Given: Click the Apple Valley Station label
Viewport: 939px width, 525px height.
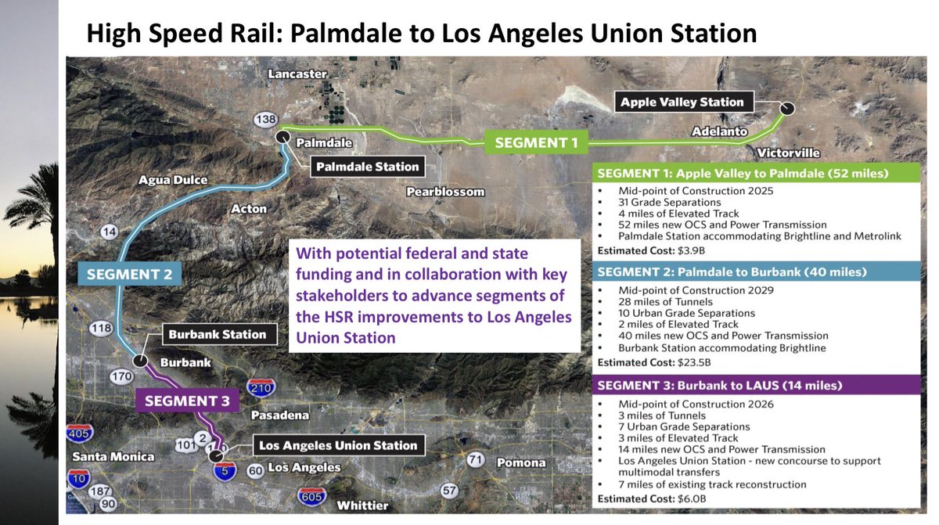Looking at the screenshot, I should (x=682, y=102).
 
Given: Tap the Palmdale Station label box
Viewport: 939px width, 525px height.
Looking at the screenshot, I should (x=368, y=166).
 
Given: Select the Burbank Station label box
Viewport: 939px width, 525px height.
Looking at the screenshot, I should (x=217, y=334).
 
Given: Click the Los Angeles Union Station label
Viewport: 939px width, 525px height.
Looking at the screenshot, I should (x=337, y=445).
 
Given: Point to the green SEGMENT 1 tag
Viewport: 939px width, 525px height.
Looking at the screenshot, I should (x=537, y=142).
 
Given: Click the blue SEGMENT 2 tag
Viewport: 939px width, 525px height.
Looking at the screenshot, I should (x=129, y=274).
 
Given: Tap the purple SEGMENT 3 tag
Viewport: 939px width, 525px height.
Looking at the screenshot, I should (x=186, y=401).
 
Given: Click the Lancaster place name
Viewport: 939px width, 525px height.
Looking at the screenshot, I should (x=297, y=74).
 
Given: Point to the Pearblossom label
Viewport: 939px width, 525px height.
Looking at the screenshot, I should (x=445, y=192).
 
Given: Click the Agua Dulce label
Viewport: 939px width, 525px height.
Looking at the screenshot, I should (x=174, y=180).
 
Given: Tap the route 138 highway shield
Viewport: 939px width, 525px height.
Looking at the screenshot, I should (x=266, y=120).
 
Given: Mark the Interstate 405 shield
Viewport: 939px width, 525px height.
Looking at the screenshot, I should (x=80, y=433).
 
